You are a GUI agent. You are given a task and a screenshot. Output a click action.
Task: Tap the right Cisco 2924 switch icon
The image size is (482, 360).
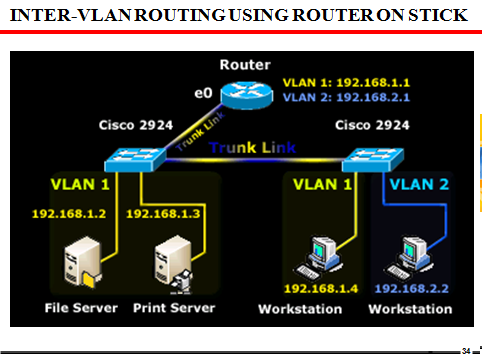coord(365,157)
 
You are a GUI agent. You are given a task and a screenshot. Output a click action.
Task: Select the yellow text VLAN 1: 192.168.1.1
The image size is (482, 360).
coord(336,84)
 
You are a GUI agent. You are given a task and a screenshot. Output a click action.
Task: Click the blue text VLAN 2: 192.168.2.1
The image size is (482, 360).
coord(336,99)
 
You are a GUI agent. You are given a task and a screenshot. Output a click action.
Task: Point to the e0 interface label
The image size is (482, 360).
coord(204,93)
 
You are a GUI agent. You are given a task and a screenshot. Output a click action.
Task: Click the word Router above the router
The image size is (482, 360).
coord(244,65)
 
